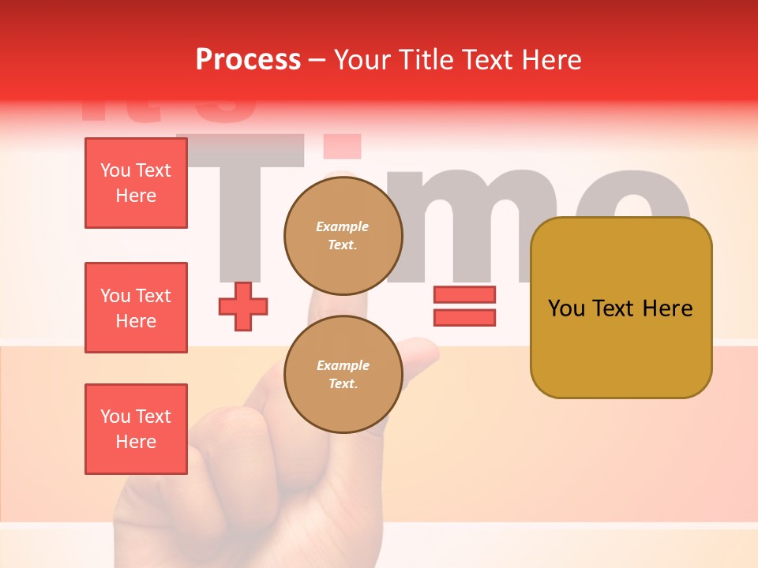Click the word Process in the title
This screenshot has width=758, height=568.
pyautogui.click(x=248, y=59)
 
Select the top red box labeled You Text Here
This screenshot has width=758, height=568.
pyautogui.click(x=136, y=183)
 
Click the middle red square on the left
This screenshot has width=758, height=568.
pyautogui.click(x=136, y=308)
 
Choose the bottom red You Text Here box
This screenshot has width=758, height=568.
pyautogui.click(x=136, y=429)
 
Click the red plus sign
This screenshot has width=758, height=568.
pyautogui.click(x=243, y=306)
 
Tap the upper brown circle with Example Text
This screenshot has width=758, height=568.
pyautogui.click(x=343, y=236)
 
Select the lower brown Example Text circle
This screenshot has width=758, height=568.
pyautogui.click(x=343, y=375)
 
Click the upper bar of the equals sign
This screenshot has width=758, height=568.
pyautogui.click(x=464, y=294)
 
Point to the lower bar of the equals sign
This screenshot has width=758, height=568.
pyautogui.click(x=464, y=317)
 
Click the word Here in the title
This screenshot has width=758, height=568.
pyautogui.click(x=552, y=59)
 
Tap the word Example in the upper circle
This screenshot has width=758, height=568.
pyautogui.click(x=343, y=226)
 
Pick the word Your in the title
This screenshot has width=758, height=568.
pyautogui.click(x=362, y=59)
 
